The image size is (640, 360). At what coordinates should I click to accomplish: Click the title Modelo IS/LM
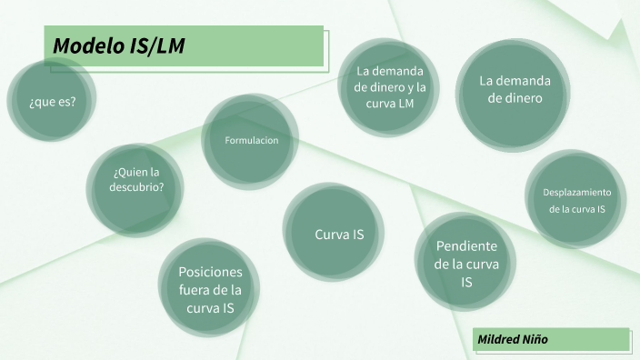pos(118,46)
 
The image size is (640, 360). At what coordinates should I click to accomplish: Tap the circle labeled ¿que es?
pos(52,101)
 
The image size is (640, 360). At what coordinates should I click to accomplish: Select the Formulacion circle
pos(250,141)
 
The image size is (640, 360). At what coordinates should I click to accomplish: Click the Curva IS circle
pos(338,234)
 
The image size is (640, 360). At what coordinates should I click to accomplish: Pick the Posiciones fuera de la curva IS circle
pos(210,290)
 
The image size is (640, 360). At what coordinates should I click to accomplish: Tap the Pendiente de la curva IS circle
pos(465,264)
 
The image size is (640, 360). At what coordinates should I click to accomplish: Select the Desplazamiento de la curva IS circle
pos(576,200)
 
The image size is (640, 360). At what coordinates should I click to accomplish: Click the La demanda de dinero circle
pos(515,89)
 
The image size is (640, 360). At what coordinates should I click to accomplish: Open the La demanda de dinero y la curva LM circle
pos(390,87)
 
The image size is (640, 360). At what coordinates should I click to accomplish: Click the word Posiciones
pos(210,272)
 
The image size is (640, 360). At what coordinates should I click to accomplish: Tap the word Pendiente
pos(466,245)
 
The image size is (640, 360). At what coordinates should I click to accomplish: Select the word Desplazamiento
pos(576,192)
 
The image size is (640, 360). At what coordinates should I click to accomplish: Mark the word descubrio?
pos(138,188)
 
